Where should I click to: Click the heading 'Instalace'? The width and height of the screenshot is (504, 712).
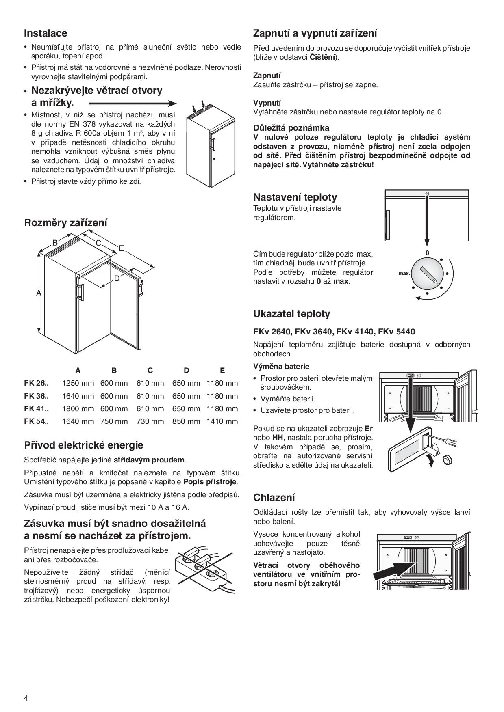click(46, 33)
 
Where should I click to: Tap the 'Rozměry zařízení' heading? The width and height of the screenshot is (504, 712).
click(65, 222)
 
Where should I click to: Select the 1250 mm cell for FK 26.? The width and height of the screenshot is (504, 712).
click(78, 383)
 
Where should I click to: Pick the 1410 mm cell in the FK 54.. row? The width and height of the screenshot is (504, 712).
click(222, 421)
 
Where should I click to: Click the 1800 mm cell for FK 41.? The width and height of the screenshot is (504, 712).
click(78, 409)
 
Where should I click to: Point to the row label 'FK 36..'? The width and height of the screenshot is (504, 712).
click(36, 396)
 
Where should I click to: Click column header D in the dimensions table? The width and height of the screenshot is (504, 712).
click(186, 370)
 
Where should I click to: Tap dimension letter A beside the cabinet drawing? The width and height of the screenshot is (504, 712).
click(39, 293)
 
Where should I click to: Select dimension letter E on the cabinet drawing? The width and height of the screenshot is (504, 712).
click(121, 248)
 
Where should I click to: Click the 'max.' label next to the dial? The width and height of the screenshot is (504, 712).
click(404, 274)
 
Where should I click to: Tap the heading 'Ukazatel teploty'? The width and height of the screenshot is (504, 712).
click(291, 314)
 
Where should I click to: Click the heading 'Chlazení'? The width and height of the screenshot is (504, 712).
click(274, 498)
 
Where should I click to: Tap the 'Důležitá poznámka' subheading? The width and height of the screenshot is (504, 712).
click(291, 128)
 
